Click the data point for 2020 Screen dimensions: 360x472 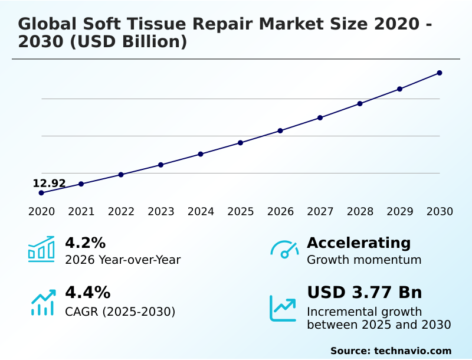pos(41,193)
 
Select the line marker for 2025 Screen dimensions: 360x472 pos(241,143)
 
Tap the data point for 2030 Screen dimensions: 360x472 pos(440,73)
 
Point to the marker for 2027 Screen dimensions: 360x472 pos(320,118)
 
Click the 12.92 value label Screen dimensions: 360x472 pos(49,184)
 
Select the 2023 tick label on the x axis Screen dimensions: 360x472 pos(161,212)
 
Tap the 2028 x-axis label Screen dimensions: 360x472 pos(360,212)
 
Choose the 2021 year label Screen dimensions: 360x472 pos(81,212)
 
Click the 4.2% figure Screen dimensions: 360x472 pos(85,243)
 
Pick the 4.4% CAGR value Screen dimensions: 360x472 pos(87,293)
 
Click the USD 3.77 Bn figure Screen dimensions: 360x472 pos(364,293)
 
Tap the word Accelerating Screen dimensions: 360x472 pos(359,243)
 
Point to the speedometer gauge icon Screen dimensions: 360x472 pos(284,249)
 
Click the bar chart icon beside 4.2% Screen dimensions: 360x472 pos(41,250)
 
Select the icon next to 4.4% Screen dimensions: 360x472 pos(43,302)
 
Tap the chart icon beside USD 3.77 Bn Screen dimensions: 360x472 pos(283,308)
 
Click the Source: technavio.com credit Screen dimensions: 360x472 pos(391,351)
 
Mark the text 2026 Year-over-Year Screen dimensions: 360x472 pos(123,260)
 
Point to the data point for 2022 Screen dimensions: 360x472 pos(121,175)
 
